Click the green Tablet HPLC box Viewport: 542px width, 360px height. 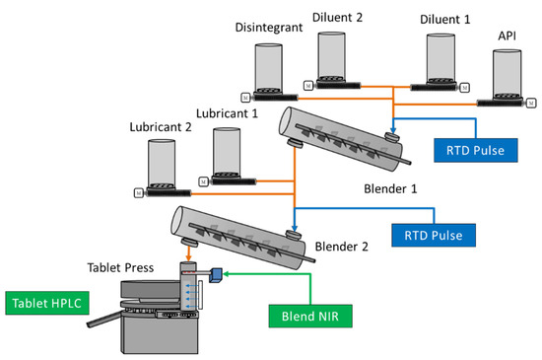(x=47, y=303)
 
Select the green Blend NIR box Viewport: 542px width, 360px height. (x=310, y=316)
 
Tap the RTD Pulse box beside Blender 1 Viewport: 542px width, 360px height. (x=476, y=151)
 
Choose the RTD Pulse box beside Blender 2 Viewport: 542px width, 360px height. (x=434, y=235)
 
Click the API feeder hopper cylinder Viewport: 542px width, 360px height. (x=508, y=73)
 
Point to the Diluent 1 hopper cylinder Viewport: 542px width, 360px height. (x=440, y=58)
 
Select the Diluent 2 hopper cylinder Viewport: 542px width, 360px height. (x=331, y=56)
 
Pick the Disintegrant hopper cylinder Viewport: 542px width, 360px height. (x=269, y=68)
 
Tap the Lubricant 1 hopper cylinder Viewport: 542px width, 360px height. (x=227, y=152)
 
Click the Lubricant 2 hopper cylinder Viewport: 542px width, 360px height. (x=162, y=164)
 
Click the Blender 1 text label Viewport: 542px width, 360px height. (x=390, y=188)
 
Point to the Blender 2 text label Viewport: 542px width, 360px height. (x=342, y=247)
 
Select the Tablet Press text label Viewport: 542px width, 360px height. (x=120, y=267)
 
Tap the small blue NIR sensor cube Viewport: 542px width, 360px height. (x=216, y=275)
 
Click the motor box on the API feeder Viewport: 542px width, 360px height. (x=531, y=103)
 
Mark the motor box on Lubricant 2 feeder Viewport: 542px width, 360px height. (x=139, y=193)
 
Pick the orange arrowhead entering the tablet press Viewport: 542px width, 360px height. (x=188, y=258)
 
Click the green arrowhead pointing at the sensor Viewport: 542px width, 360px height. (x=227, y=274)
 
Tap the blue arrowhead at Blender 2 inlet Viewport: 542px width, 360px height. (x=295, y=228)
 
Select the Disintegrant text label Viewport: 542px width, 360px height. (x=269, y=28)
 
